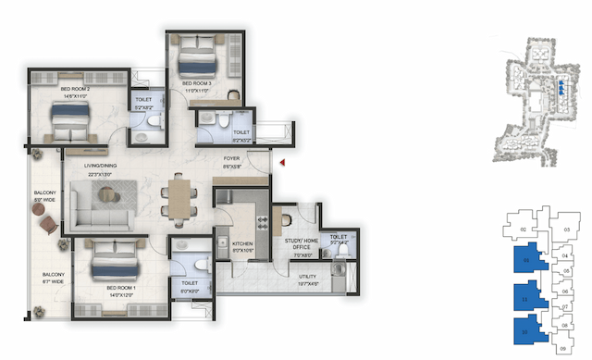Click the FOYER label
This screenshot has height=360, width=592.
click(x=232, y=164)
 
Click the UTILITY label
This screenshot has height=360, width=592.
click(x=308, y=280)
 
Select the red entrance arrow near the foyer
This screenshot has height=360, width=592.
click(x=284, y=164)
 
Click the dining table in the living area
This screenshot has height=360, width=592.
click(x=179, y=198)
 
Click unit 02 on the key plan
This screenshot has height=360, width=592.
click(x=524, y=228)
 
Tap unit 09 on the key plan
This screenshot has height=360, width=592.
click(x=562, y=348)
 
